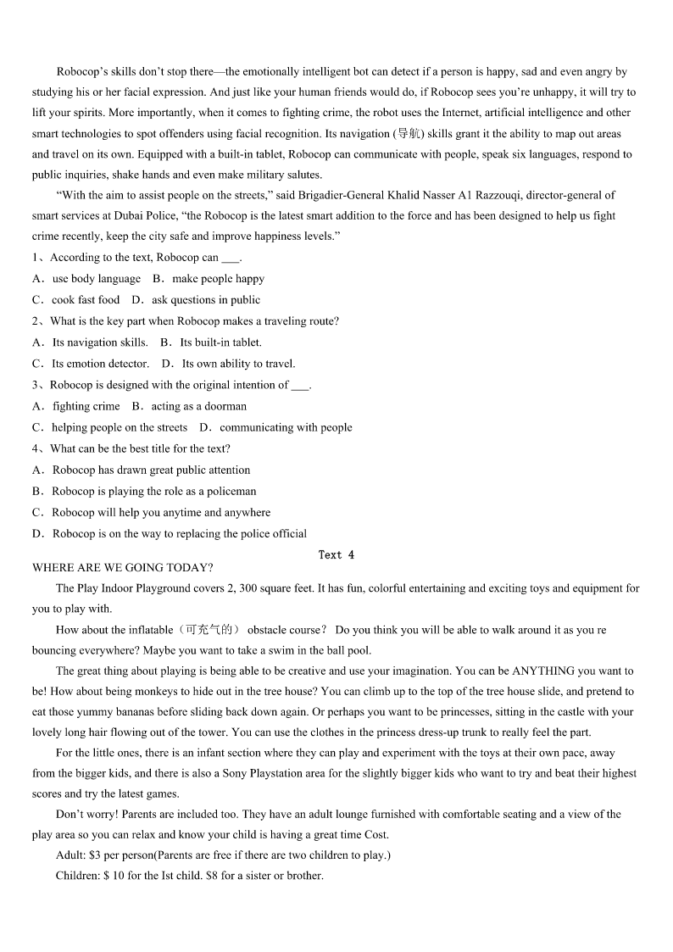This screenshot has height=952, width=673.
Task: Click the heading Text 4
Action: pyautogui.click(x=336, y=555)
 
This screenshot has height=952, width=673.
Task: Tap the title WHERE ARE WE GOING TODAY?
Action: pyautogui.click(x=123, y=568)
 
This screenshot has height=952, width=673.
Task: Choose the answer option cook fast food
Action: pyautogui.click(x=85, y=300)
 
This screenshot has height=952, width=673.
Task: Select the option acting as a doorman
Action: pyautogui.click(x=199, y=406)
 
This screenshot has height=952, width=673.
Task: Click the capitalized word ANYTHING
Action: pyautogui.click(x=549, y=671)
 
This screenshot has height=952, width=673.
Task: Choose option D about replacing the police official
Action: pyautogui.click(x=179, y=534)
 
